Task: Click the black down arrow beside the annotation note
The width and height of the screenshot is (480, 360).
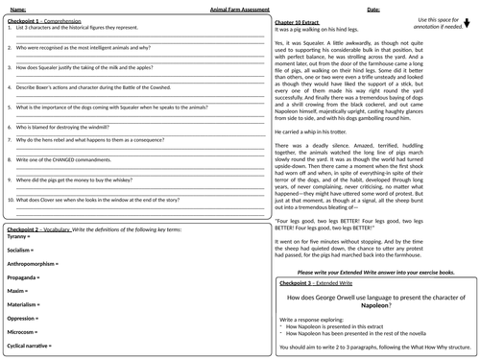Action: pyautogui.click(x=468, y=28)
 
